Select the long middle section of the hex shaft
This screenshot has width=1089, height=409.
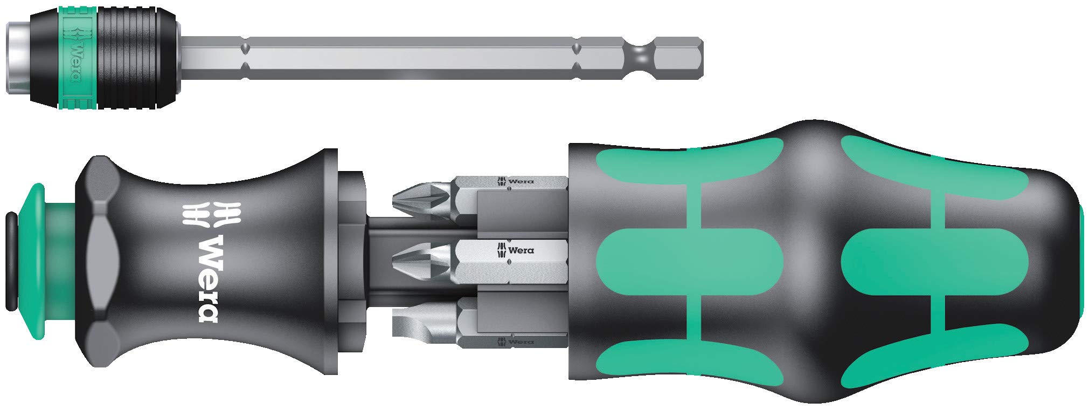click(x=410, y=56)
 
